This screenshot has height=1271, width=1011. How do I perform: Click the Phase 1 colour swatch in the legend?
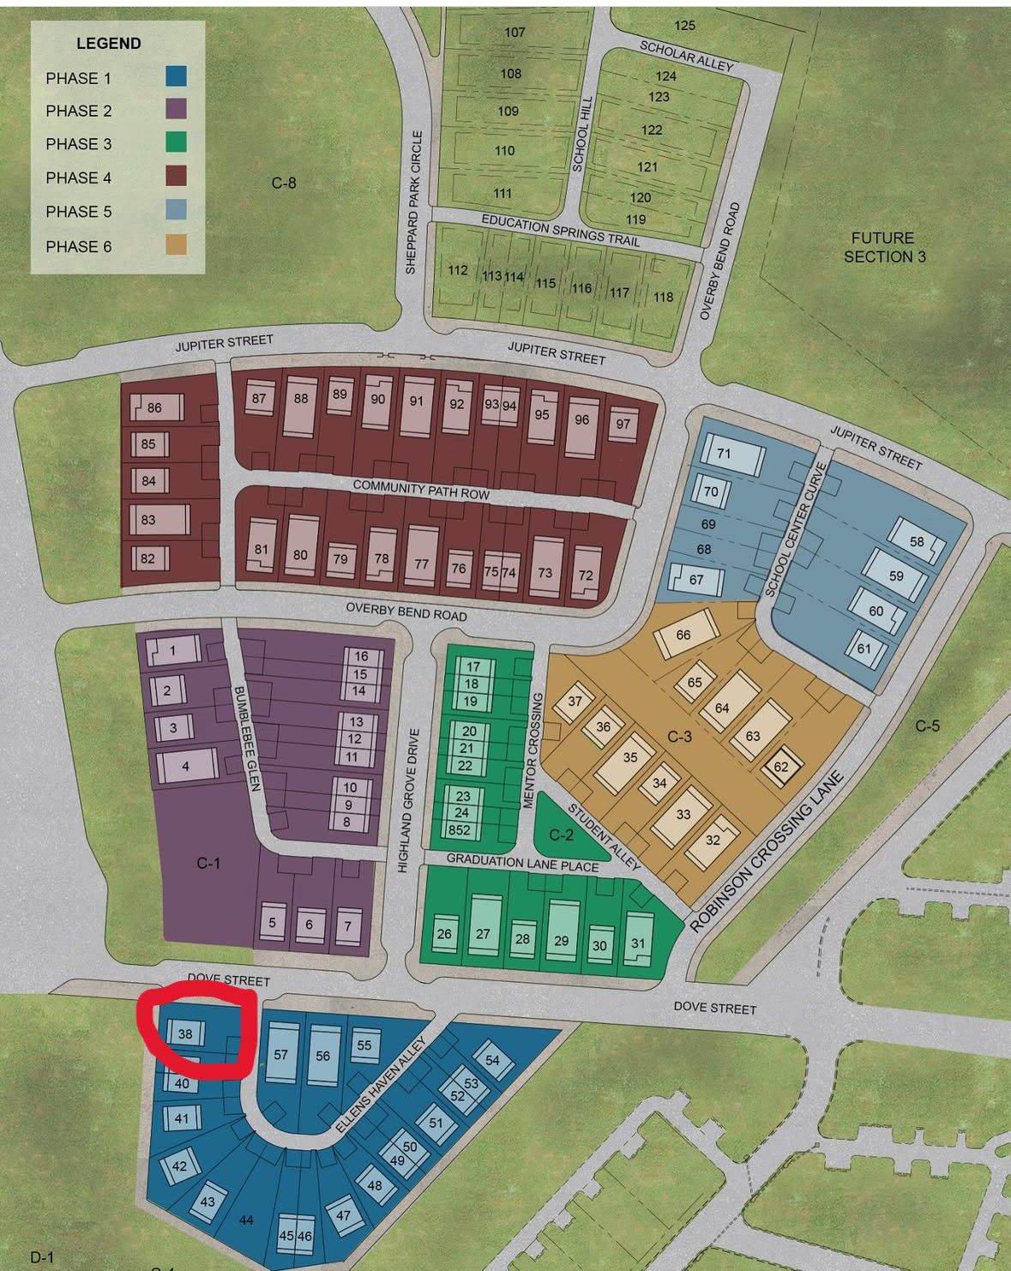(176, 77)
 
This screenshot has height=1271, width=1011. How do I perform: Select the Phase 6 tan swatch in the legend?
(176, 245)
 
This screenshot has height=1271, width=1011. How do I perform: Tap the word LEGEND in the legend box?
(109, 43)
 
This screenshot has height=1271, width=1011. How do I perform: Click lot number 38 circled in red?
(185, 1034)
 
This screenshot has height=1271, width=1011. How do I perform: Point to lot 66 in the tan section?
(683, 635)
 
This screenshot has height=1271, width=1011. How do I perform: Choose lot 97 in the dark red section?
(623, 424)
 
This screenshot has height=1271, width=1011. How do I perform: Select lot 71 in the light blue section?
(724, 454)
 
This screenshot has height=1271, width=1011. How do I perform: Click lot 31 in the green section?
(637, 943)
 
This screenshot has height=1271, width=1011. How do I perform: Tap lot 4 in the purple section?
(185, 765)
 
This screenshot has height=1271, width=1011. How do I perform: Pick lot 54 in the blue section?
(492, 1060)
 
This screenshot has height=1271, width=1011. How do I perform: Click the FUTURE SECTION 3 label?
(884, 247)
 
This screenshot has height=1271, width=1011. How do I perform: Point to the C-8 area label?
(284, 183)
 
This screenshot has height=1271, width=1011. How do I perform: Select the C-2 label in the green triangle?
(561, 834)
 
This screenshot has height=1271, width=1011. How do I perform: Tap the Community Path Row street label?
(421, 490)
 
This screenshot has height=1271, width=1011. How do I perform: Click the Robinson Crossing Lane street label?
(767, 853)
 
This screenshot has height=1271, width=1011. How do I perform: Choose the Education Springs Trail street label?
(560, 230)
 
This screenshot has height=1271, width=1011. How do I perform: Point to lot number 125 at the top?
(684, 25)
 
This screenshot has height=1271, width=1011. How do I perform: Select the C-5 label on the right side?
(927, 726)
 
